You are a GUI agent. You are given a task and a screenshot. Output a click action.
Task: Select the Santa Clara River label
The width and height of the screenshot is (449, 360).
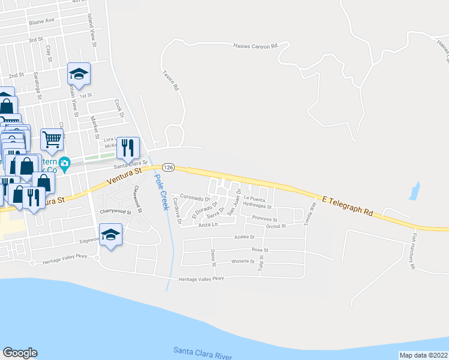202,352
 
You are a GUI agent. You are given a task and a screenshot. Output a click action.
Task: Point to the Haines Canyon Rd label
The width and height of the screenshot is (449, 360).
256,46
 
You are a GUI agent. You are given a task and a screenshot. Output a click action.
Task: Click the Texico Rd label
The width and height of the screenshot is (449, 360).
171,79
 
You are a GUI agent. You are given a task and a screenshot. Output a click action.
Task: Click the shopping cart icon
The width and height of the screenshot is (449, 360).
52,139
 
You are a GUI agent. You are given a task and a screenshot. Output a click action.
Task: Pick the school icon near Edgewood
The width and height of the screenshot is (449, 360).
111,234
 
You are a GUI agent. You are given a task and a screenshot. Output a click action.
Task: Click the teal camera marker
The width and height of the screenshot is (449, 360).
65,163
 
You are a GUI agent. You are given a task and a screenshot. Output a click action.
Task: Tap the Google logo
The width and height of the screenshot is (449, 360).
20,353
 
